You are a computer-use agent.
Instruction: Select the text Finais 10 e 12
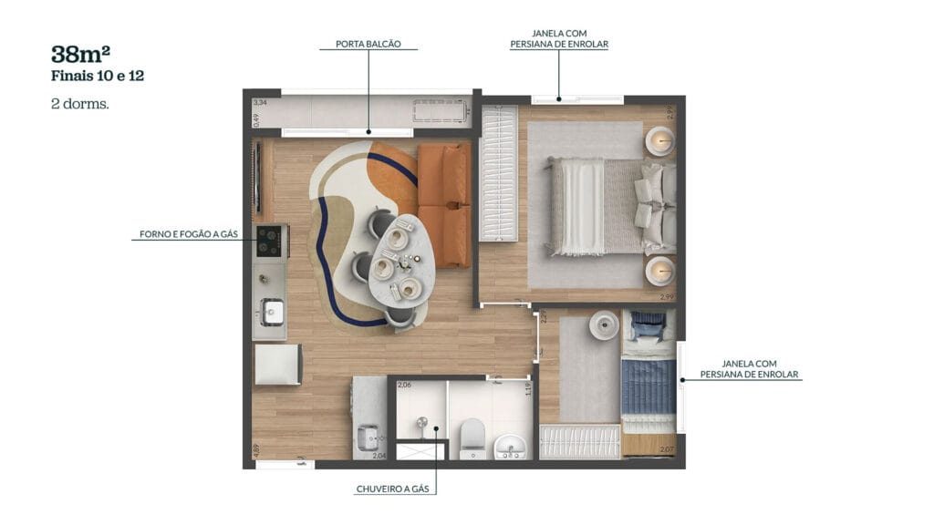pyautogui.click(x=98, y=77)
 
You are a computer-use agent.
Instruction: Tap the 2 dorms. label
pyautogui.click(x=80, y=104)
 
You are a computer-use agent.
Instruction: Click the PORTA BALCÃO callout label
pyautogui.click(x=368, y=44)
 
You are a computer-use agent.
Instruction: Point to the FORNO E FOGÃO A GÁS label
pyautogui.click(x=189, y=234)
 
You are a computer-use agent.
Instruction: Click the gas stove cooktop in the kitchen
pyautogui.click(x=269, y=242)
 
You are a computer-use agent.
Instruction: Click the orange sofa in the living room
pyautogui.click(x=443, y=205)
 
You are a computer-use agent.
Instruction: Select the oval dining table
pyautogui.click(x=396, y=260)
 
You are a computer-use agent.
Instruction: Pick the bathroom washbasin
pyautogui.click(x=510, y=447)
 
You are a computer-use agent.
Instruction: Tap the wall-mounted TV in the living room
pyautogui.click(x=257, y=177)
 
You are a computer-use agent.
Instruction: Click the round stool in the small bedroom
pyautogui.click(x=603, y=324)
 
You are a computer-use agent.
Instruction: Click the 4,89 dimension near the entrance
pyautogui.click(x=256, y=449)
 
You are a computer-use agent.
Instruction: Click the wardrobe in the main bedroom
pyautogui.click(x=498, y=173)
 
